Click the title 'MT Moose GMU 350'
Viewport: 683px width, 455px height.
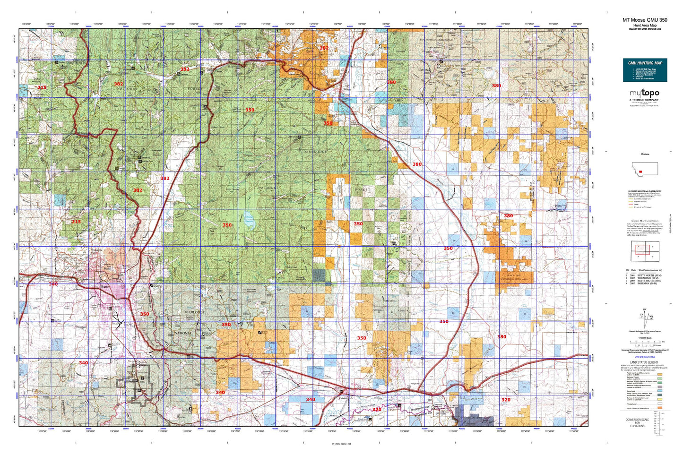(x=645, y=20)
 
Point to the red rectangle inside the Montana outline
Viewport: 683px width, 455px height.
(x=640, y=172)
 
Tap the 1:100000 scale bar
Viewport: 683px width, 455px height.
(x=645, y=341)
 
